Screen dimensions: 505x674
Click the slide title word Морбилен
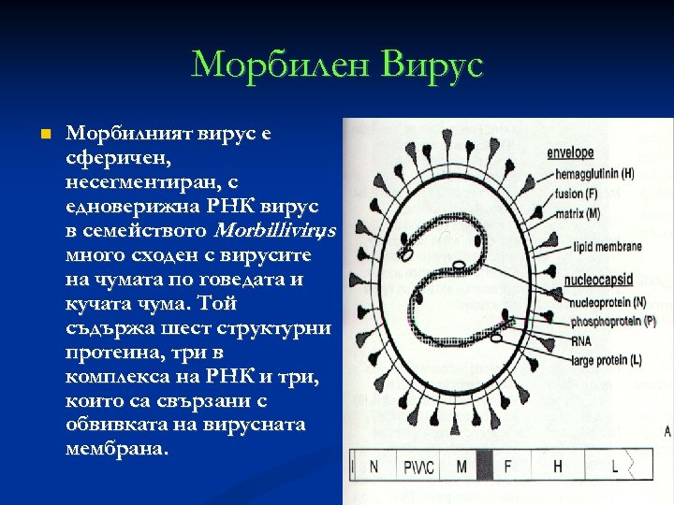click(279, 65)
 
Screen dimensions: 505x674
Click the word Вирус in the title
click(432, 65)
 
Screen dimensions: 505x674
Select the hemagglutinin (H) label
click(593, 174)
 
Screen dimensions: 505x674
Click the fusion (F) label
click(577, 194)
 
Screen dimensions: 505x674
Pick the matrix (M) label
click(578, 213)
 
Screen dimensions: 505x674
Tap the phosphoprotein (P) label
click(607, 320)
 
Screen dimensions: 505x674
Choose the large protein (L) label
click(600, 360)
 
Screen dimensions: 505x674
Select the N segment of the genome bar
click(374, 465)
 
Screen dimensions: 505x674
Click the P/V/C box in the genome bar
click(418, 465)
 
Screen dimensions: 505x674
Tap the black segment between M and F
click(485, 465)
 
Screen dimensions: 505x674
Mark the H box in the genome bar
click(558, 465)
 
